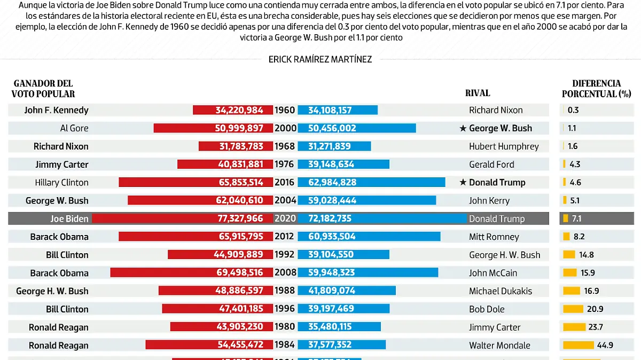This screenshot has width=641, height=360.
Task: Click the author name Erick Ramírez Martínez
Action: [320, 59]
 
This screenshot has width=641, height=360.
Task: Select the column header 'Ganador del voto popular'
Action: [43, 89]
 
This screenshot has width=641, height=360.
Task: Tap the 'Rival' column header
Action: [477, 93]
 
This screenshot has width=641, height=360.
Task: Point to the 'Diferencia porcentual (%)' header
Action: [596, 89]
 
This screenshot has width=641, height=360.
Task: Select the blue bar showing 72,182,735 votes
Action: [381, 218]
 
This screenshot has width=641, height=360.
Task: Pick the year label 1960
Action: [285, 110]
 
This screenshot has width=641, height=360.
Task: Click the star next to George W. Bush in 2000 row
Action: [463, 128]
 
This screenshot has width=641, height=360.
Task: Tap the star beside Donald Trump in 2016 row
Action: [463, 183]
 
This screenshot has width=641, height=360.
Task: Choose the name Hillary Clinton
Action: [61, 183]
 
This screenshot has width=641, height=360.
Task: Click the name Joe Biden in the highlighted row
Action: [69, 218]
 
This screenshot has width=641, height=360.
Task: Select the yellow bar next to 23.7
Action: [574, 327]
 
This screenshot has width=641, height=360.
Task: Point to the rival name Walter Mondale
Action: [499, 345]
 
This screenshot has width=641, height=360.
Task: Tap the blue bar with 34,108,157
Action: [337, 110]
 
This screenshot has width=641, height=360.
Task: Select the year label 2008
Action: [285, 272]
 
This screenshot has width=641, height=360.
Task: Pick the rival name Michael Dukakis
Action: [501, 291]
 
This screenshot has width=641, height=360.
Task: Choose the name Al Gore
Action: [74, 128]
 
